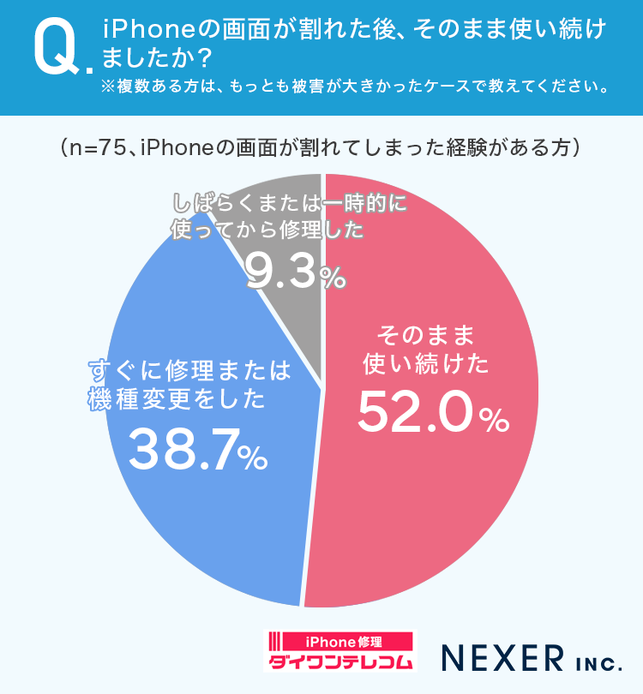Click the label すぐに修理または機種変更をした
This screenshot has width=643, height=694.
click(190, 385)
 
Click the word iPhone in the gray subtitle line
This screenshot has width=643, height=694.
click(173, 147)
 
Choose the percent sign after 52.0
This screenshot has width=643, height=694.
click(495, 421)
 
